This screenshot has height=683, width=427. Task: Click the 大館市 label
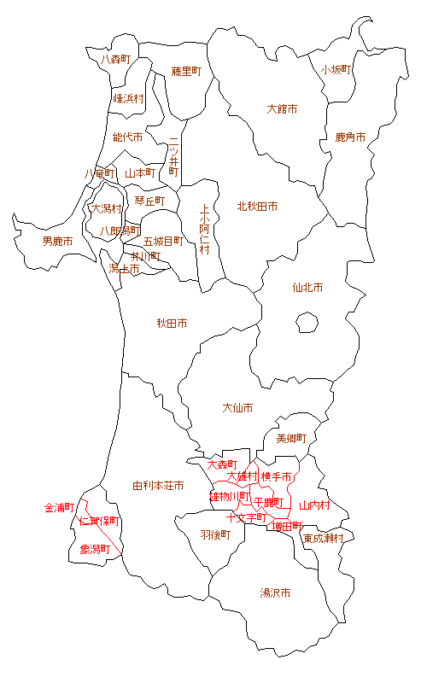click(x=282, y=109)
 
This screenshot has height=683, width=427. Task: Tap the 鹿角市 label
click(x=350, y=137)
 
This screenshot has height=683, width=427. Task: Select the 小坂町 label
click(x=336, y=70)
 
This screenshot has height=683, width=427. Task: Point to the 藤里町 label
click(x=185, y=71)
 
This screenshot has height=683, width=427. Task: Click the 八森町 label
click(x=115, y=60)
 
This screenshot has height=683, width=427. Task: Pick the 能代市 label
click(x=127, y=137)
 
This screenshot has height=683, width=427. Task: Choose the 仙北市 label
click(x=307, y=289)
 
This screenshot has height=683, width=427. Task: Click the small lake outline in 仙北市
click(x=307, y=323)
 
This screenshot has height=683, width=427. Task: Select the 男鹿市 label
click(x=57, y=242)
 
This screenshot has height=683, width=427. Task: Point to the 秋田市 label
click(x=172, y=324)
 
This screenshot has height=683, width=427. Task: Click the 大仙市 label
click(x=237, y=408)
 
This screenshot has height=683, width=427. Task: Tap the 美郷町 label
click(x=290, y=438)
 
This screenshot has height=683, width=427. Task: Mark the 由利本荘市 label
click(x=158, y=486)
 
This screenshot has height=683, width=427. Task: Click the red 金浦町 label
click(x=60, y=508)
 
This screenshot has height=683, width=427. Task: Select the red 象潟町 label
click(x=95, y=549)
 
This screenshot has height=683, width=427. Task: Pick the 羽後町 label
click(x=215, y=534)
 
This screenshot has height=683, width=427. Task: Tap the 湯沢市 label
click(x=275, y=593)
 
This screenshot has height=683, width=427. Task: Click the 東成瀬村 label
click(x=324, y=539)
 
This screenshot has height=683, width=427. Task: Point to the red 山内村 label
click(x=314, y=505)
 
